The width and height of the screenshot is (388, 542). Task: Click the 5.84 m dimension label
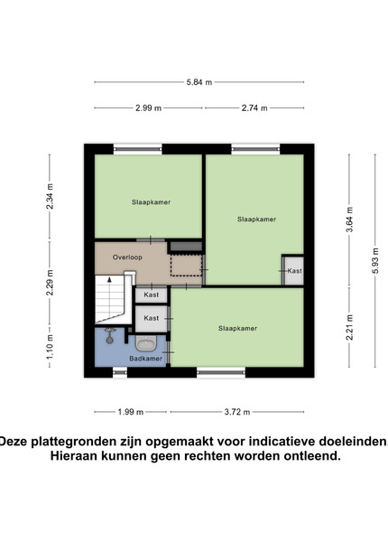pyautogui.click(x=199, y=82)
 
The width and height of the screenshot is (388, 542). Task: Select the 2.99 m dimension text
pyautogui.click(x=149, y=108)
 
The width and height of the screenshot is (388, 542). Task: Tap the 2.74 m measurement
pyautogui.click(x=254, y=108)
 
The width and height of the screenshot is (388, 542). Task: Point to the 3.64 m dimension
pyautogui.click(x=349, y=220)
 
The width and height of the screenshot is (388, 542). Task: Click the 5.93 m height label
pyautogui.click(x=375, y=261)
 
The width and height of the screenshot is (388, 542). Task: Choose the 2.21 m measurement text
pyautogui.click(x=349, y=327)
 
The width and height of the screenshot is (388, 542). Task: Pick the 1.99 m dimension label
pyautogui.click(x=131, y=412)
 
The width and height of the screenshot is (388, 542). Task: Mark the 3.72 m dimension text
pyautogui.click(x=237, y=412)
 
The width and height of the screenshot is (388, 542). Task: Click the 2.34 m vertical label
pyautogui.click(x=50, y=196)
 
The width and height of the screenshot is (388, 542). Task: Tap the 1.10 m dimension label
pyautogui.click(x=50, y=346)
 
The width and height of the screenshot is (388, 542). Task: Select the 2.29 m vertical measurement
pyautogui.click(x=50, y=283)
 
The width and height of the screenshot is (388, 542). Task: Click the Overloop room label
pyautogui.click(x=127, y=257)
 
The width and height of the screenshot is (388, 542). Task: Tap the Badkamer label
pyautogui.click(x=145, y=359)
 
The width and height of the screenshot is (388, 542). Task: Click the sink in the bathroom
pyautogui.click(x=146, y=343)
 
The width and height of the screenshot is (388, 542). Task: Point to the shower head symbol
pyautogui.click(x=110, y=335)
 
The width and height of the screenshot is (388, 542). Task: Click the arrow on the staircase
pyautogui.click(x=110, y=279)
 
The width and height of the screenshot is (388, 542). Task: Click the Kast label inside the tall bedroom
pyautogui.click(x=294, y=271)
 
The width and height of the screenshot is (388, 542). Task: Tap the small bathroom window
pyautogui.click(x=120, y=372)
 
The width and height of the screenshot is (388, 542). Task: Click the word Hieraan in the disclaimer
pyautogui.click(x=74, y=455)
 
